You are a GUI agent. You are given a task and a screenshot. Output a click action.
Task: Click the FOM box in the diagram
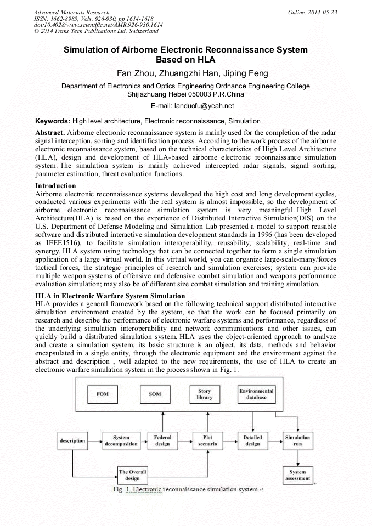tap(103, 394)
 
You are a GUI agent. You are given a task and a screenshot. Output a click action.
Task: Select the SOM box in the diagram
tap(155, 394)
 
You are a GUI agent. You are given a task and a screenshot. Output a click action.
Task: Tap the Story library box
tap(204, 394)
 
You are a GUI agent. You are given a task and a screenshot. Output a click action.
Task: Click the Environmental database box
tap(256, 394)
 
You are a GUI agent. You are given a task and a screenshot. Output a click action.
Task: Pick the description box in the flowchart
tap(72, 440)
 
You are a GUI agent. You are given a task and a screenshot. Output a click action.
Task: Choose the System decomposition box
tap(121, 440)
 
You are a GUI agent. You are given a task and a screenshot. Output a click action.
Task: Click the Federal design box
tap(162, 440)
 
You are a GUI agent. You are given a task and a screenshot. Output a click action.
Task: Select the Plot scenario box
tap(207, 440)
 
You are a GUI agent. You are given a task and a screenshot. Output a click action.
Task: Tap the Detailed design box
tap(252, 440)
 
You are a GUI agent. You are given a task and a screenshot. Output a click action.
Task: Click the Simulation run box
tap(298, 440)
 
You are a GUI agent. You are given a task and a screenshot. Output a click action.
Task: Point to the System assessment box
tap(298, 475)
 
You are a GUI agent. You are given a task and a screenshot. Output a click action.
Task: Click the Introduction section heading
tap(55, 186)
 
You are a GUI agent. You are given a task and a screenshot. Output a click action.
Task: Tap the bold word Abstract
tap(50, 133)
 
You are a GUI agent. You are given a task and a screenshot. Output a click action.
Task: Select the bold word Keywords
tap(53, 121)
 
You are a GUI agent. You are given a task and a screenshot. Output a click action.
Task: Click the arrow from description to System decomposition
tap(94, 440)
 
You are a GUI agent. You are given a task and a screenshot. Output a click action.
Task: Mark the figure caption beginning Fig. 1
tap(185, 489)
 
